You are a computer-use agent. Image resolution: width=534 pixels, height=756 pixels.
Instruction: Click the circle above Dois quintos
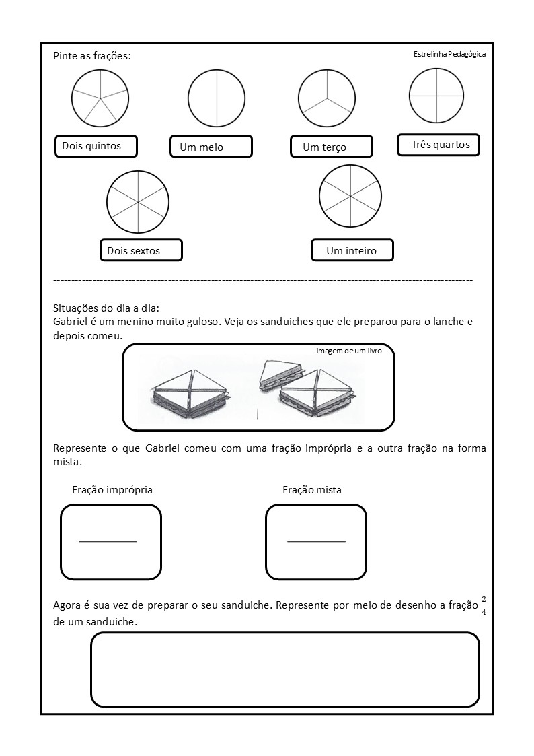pos(100,98)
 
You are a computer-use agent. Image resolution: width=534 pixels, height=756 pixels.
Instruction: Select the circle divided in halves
pos(216,98)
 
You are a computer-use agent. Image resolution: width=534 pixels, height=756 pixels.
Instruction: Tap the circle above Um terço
pos(327,98)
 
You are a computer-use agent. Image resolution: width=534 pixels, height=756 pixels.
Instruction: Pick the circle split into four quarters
pos(437,96)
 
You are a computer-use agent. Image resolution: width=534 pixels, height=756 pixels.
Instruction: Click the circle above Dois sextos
pos(137,201)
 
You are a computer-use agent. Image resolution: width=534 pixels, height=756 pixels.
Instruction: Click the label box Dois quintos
pos(96,146)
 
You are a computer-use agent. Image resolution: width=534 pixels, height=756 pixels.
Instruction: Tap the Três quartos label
pos(438,145)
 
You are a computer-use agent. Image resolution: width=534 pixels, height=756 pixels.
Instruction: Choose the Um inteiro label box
pos(352,250)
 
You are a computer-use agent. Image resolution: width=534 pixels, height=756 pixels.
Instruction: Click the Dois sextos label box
pos(141,250)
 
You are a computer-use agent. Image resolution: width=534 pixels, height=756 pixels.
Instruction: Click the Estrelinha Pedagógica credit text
pos(449,55)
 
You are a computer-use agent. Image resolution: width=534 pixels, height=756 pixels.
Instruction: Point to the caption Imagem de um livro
pos(348,351)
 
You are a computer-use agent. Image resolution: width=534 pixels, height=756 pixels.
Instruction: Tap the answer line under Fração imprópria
pos(108,541)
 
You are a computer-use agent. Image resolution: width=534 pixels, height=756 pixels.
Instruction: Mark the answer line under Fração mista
pos(316,541)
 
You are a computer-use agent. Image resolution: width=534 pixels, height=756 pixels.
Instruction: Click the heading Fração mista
pos(312,490)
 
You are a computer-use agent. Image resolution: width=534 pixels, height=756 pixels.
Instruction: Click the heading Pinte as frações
pos(92,55)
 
